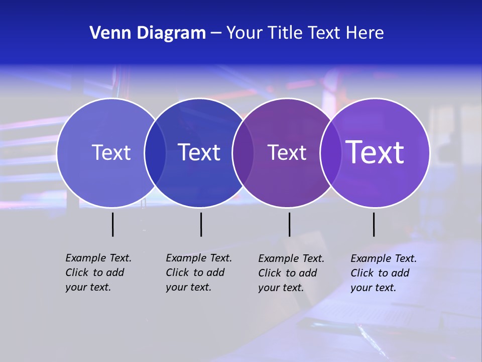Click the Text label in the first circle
point(111,152)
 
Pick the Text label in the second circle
point(199,152)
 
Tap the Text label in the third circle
point(287,152)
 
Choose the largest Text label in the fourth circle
point(375,152)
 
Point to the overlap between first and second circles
point(155,153)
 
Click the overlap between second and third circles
point(243,153)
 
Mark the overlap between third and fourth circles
point(331,153)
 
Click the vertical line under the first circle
point(113,224)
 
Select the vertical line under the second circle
point(201,224)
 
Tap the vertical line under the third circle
point(289,224)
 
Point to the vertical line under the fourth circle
point(374,224)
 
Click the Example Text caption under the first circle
point(98,273)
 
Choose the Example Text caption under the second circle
point(198,273)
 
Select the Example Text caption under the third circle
point(291,273)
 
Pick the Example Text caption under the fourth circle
point(383,273)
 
